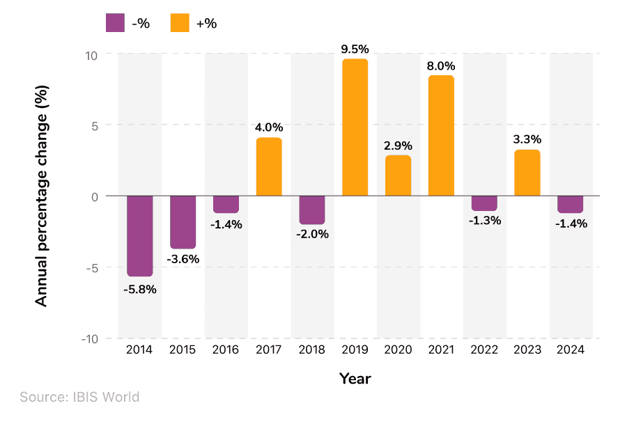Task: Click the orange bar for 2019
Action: [355, 127]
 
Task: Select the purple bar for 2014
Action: [139, 235]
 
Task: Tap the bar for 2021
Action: [441, 136]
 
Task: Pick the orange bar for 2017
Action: [269, 167]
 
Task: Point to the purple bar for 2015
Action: [183, 221]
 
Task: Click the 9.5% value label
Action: [355, 49]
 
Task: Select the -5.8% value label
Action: [140, 289]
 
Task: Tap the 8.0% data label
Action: [441, 66]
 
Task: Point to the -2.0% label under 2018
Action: [311, 234]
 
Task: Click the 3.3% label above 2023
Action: [527, 140]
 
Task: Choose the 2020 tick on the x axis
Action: [398, 350]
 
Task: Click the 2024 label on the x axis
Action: [571, 350]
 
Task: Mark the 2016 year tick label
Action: [226, 350]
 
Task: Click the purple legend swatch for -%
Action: [116, 23]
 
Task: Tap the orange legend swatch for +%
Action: [180, 23]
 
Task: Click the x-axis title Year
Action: [355, 379]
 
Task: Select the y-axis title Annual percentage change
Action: [42, 196]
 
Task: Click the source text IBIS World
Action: [79, 398]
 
